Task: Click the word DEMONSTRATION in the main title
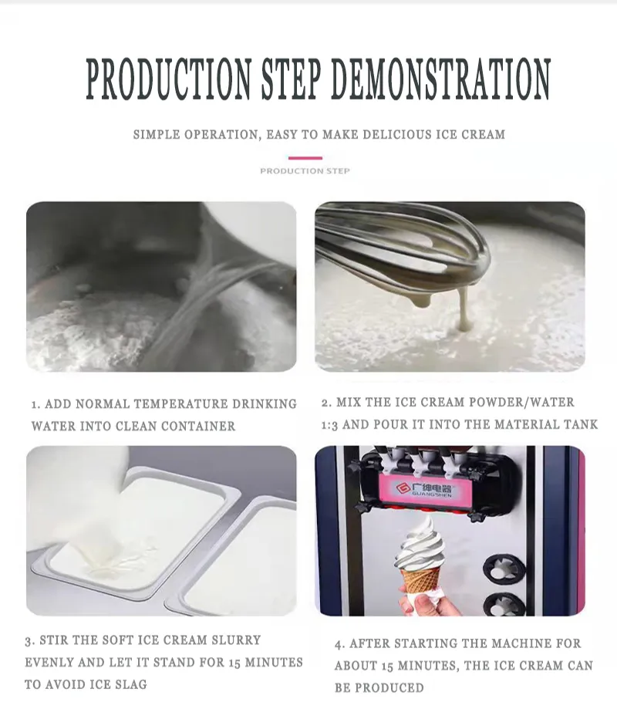coord(440,79)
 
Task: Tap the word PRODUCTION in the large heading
coord(168,79)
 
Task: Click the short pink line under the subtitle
coord(305,158)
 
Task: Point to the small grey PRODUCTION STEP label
coord(305,170)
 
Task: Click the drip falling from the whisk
coord(464,309)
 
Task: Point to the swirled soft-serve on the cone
coord(420,544)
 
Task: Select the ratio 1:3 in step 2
coord(329,425)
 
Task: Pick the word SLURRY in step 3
coord(237,640)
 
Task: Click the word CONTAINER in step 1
coord(198,426)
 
